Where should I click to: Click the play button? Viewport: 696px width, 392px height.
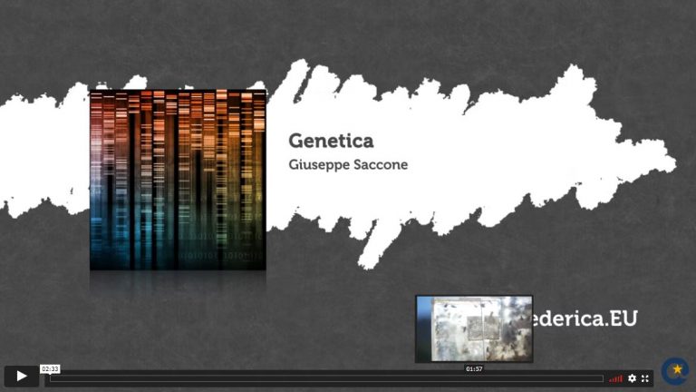(x=22, y=376)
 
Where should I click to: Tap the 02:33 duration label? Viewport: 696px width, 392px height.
(x=50, y=369)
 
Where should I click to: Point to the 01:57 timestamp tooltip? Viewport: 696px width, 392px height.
(x=474, y=369)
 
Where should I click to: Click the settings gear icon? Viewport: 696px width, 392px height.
(x=632, y=378)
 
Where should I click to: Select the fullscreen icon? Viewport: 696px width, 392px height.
(x=645, y=378)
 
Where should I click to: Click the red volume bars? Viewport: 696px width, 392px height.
(x=615, y=378)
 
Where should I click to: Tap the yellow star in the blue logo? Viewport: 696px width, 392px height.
(x=677, y=369)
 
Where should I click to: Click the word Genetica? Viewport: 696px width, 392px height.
(x=331, y=141)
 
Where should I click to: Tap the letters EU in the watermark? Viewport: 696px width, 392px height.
(x=623, y=318)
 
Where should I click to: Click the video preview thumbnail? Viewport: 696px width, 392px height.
(x=474, y=328)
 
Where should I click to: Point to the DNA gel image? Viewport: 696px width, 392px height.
(x=178, y=180)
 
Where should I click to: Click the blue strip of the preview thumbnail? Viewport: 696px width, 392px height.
(x=424, y=328)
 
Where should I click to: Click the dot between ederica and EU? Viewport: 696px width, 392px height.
(x=605, y=325)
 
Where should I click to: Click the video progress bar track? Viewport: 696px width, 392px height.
(x=326, y=378)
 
